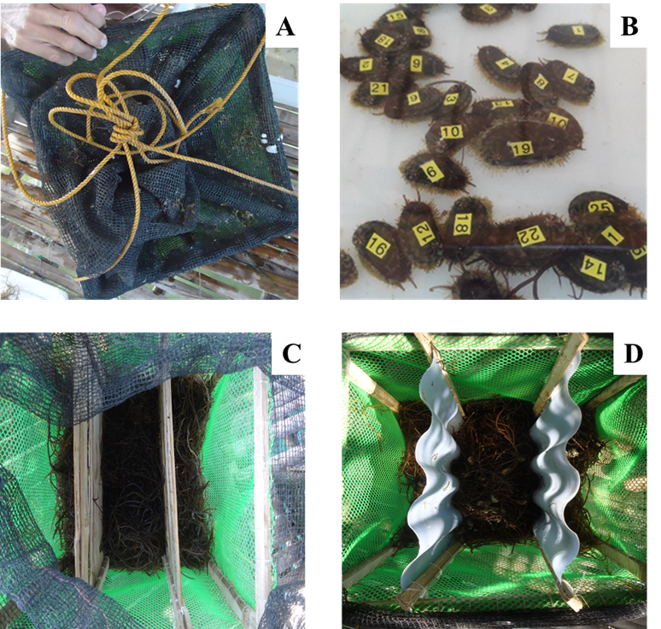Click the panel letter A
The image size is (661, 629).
286,31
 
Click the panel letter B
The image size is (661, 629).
629,27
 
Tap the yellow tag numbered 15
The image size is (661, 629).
396,15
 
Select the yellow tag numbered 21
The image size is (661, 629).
378,88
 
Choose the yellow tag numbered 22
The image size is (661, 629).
530,235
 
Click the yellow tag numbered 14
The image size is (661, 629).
594,267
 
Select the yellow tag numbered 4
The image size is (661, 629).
506,63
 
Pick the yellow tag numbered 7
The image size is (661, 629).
570,75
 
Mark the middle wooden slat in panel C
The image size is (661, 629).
172,479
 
